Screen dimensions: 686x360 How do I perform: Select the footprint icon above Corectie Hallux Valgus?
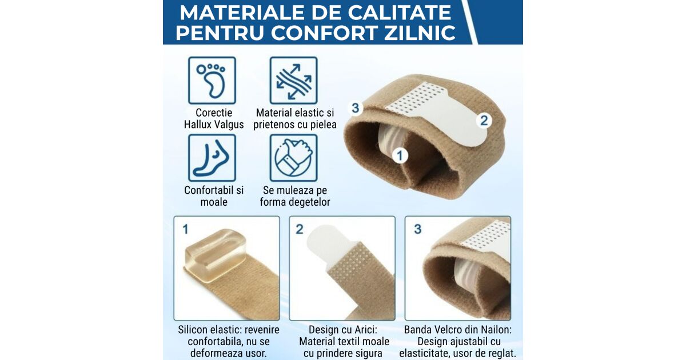coord(212,81)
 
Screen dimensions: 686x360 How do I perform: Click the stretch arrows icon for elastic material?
coord(293,81)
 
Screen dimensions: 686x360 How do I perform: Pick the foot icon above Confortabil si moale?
coord(212,158)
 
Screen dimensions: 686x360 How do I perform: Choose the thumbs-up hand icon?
coord(293,158)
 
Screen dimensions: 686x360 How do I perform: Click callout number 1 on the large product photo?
coord(400,155)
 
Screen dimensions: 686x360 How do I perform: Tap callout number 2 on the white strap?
coord(484,121)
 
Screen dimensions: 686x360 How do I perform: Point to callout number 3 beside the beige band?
coord(355,108)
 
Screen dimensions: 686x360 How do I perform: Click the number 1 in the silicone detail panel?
coord(185,229)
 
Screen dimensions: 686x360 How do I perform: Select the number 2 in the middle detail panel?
coord(300,229)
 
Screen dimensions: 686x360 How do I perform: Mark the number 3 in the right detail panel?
coord(418,229)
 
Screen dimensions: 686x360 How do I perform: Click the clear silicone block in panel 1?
coord(214,255)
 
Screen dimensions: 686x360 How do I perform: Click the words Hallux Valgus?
coord(214,125)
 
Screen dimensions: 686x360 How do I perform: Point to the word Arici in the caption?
coord(365,330)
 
